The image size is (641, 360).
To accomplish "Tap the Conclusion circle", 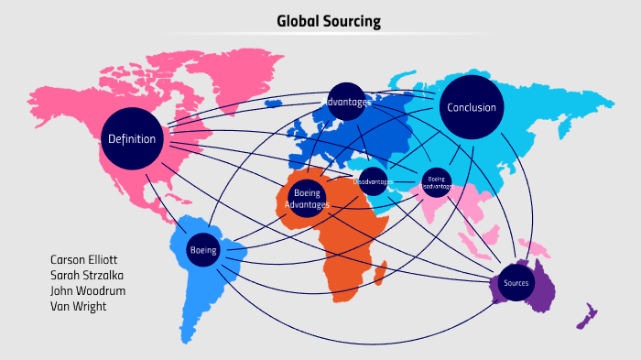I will [472, 107].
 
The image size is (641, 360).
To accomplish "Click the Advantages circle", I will [346, 102].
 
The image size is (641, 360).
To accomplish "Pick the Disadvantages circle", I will [373, 181].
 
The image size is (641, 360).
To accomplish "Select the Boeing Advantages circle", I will [307, 198].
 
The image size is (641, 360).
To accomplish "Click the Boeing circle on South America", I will [202, 250].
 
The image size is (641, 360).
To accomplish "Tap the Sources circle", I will [516, 283].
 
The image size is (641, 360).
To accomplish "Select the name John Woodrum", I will [88, 291].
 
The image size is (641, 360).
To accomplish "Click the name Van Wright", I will [79, 306].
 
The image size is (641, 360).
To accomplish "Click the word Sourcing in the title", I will [352, 21].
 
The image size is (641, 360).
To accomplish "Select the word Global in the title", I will [298, 21].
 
